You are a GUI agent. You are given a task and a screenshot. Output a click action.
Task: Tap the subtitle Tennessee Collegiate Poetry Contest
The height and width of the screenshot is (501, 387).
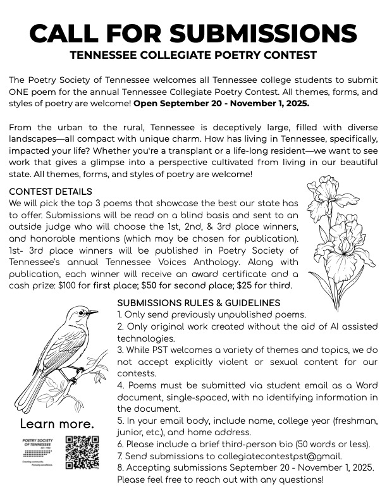click(193, 55)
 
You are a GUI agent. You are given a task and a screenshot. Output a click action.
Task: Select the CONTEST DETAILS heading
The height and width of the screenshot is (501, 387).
click(51, 192)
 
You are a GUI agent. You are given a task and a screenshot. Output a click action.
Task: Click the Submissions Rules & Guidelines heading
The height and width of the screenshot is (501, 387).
click(199, 303)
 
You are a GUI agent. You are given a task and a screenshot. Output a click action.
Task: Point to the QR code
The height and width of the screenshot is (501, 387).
click(82, 453)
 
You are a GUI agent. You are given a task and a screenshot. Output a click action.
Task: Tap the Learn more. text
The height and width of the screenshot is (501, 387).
click(57, 423)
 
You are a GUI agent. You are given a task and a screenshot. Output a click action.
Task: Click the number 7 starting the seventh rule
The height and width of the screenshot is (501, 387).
click(120, 455)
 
